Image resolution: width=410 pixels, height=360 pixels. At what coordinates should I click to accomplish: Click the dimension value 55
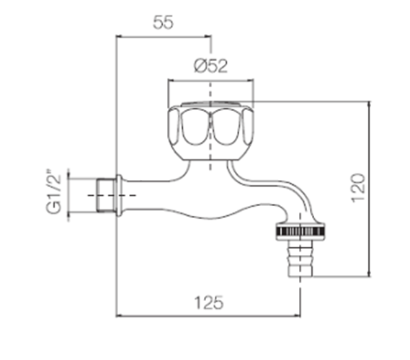[163, 22]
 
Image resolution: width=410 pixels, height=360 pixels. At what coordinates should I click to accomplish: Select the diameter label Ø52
[210, 66]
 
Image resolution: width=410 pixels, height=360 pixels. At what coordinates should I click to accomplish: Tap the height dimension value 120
[358, 188]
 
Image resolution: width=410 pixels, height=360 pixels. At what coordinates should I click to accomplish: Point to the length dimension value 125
[209, 303]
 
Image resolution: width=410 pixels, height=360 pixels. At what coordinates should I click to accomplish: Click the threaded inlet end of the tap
[106, 195]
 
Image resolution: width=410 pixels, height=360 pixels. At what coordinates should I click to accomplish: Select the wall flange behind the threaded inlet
[119, 195]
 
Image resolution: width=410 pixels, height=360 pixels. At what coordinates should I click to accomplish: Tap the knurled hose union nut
[300, 231]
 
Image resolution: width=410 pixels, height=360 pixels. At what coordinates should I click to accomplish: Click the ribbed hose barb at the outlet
[300, 258]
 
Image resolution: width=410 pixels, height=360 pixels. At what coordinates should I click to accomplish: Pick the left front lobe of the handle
[195, 127]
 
